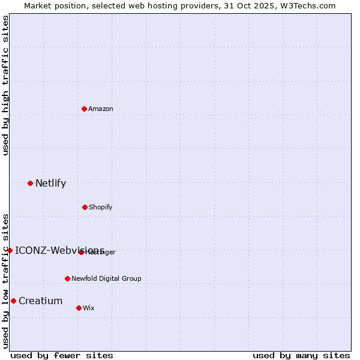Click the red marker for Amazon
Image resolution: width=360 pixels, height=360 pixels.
tap(84, 109)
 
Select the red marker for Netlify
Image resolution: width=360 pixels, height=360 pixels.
tap(30, 183)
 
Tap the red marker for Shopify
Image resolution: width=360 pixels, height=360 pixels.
tap(85, 207)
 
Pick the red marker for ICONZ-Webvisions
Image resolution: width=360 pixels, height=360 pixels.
tap(10, 250)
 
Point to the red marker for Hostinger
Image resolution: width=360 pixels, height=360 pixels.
tap(81, 252)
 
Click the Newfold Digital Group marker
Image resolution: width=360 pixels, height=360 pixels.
tap(67, 278)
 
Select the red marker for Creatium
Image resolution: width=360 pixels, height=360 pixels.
tap(13, 301)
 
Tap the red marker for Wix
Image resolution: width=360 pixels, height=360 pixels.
tap(79, 308)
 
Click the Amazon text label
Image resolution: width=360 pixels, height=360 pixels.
tap(101, 109)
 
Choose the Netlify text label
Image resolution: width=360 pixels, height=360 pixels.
tap(50, 183)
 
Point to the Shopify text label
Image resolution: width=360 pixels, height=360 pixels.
tap(101, 207)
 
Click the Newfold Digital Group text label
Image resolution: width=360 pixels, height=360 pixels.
tap(106, 278)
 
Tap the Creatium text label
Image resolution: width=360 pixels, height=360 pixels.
tap(40, 301)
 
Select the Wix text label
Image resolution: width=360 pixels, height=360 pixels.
tap(89, 308)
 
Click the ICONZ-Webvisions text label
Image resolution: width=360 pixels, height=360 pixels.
tap(59, 250)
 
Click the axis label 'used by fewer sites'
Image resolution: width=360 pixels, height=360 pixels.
tap(62, 355)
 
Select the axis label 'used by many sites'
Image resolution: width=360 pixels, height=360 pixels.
tap(301, 355)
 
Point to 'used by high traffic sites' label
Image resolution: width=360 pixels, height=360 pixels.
tap(6, 85)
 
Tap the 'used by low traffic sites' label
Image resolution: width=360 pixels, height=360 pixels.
tap(6, 281)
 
